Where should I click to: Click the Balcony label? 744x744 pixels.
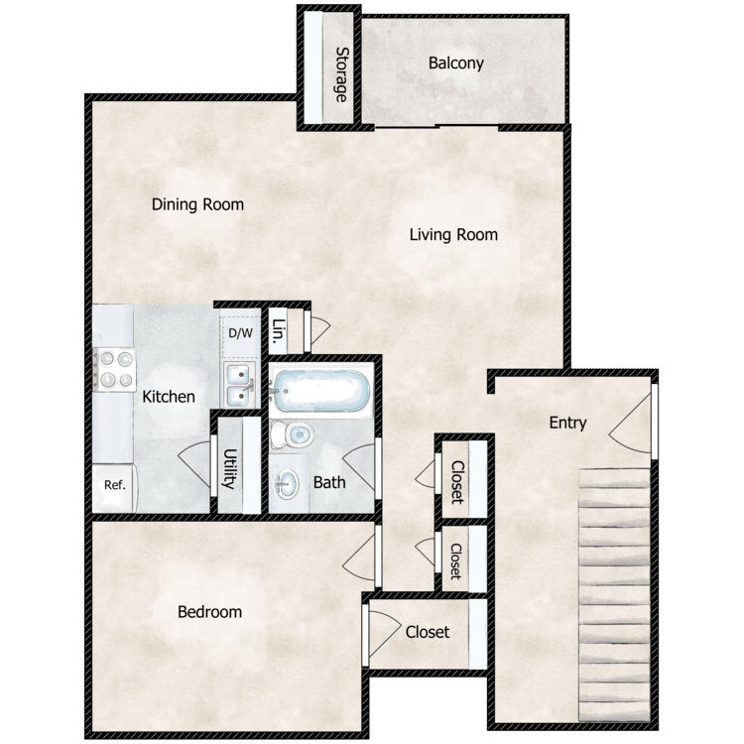456,63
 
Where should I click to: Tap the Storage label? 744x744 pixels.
341,74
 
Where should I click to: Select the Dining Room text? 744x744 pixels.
197,204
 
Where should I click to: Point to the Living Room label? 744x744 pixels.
453,234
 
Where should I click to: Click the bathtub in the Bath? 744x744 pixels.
320,391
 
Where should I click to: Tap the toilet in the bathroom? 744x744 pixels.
292,434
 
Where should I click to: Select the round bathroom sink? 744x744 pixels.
288,484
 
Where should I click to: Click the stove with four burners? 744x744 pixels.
114,370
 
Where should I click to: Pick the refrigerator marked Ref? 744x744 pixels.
114,488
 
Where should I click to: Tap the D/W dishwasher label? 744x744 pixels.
241,333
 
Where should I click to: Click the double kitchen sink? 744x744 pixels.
240,385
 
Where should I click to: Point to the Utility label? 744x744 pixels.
230,469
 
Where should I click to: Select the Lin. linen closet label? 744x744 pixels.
279,330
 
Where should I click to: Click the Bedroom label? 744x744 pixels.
209,612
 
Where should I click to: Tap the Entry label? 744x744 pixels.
568,423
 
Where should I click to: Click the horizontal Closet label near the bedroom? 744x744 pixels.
428,632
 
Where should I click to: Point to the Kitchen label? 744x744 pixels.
169,397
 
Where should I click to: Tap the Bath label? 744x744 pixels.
329,482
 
